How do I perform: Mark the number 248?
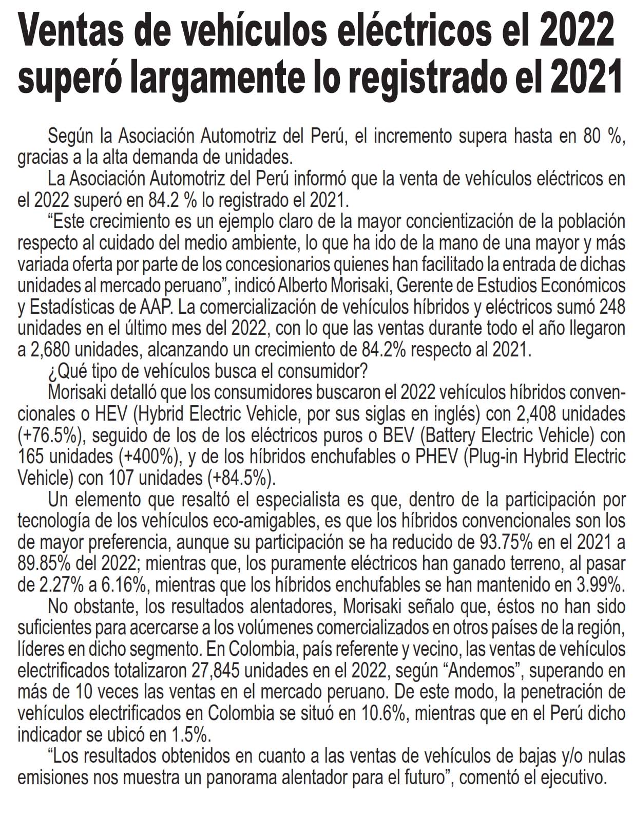tap(611, 307)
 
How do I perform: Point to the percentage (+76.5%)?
tap(50, 436)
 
